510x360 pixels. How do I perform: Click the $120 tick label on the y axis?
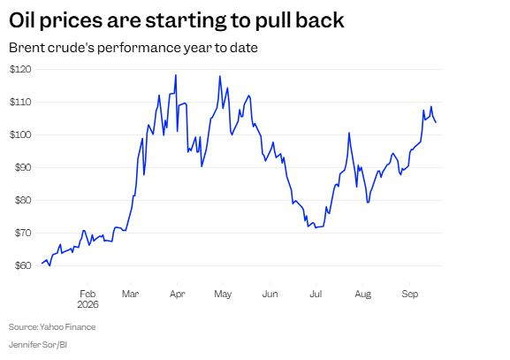click(20, 69)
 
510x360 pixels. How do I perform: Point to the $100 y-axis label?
click(20, 134)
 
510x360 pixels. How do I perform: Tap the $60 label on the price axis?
click(23, 265)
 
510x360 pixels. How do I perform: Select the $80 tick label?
click(23, 200)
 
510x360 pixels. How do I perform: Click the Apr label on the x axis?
click(178, 295)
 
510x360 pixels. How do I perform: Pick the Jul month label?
click(316, 294)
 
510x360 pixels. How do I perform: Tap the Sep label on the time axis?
click(409, 295)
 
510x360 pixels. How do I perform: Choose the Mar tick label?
click(130, 294)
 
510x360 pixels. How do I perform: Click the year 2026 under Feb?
click(88, 304)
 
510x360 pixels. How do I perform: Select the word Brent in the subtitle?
click(27, 48)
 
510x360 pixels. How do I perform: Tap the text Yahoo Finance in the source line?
click(68, 326)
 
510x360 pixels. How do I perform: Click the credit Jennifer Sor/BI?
click(38, 344)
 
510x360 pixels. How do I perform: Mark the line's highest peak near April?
click(176, 75)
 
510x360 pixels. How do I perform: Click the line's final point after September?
click(436, 122)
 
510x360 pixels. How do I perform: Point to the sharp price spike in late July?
click(349, 133)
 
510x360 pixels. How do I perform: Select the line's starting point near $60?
click(42, 264)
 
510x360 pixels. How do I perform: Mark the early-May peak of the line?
click(220, 76)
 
